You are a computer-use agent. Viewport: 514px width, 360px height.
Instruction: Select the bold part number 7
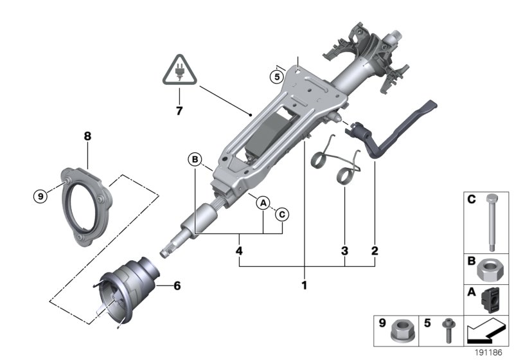pyautogui.click(x=179, y=111)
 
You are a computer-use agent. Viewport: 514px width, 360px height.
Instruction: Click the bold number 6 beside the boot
pyautogui.click(x=177, y=285)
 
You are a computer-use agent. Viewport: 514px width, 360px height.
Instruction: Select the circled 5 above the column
pyautogui.click(x=276, y=76)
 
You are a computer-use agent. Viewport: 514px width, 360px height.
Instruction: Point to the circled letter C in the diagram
pyautogui.click(x=282, y=214)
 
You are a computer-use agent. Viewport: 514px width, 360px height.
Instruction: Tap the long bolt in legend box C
pyautogui.click(x=492, y=221)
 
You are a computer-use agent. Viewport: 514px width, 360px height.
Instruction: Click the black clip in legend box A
pyautogui.click(x=492, y=300)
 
